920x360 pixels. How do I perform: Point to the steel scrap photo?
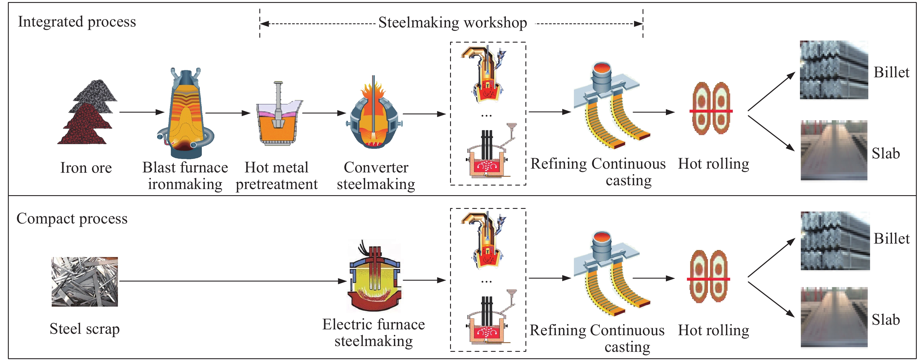pos(85,282)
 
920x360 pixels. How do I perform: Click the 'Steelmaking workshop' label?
pos(452,23)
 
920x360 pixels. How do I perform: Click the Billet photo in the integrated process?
pos(834,70)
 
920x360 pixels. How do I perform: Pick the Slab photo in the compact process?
pos(834,317)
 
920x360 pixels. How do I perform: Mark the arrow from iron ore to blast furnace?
pos(141,112)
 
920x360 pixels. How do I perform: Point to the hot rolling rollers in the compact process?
pos(709,277)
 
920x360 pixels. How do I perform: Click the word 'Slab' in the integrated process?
pos(886,154)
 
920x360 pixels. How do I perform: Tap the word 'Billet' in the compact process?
pos(891,239)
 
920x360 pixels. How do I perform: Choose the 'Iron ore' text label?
pos(86,168)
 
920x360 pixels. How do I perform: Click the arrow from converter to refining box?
pos(424,114)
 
